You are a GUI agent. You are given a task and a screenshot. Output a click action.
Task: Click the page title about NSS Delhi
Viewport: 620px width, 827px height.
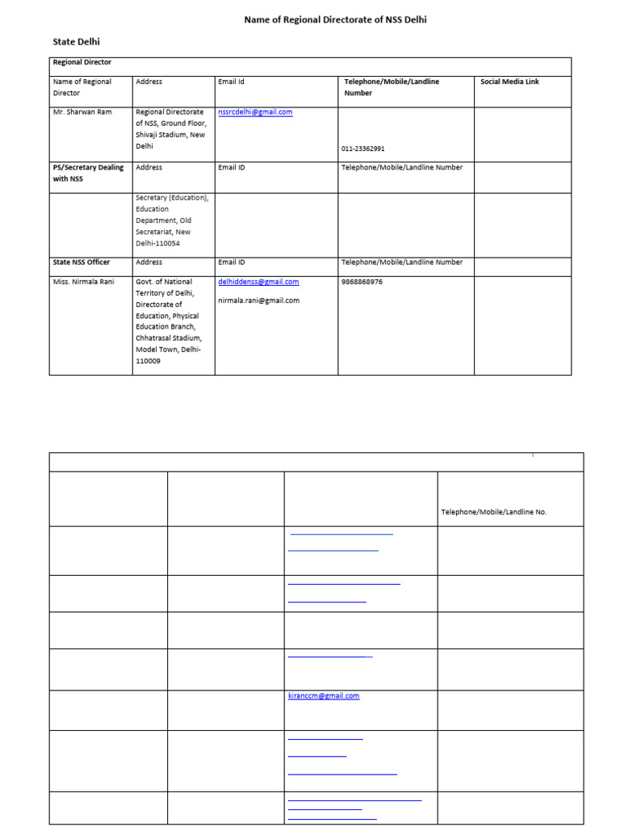pyautogui.click(x=335, y=19)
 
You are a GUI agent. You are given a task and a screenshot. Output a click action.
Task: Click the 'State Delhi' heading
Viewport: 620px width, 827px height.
pyautogui.click(x=77, y=41)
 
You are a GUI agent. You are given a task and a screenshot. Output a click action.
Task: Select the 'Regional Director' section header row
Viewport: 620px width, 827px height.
pyautogui.click(x=82, y=62)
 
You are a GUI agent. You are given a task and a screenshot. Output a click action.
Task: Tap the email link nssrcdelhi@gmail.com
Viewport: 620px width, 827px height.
pyautogui.click(x=255, y=112)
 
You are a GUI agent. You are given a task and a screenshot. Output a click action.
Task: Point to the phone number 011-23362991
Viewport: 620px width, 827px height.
pyautogui.click(x=362, y=149)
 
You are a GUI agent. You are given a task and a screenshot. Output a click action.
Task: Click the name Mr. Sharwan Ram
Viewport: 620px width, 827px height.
pyautogui.click(x=82, y=112)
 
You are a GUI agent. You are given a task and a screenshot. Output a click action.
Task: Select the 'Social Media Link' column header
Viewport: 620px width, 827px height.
pyautogui.click(x=509, y=82)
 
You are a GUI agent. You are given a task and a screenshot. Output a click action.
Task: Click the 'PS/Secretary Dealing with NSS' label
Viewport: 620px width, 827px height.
pyautogui.click(x=88, y=173)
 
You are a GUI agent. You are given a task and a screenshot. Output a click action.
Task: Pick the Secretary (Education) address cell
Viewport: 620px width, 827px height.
pyautogui.click(x=172, y=220)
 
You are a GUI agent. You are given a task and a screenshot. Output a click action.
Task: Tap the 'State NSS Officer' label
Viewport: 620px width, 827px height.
pyautogui.click(x=81, y=262)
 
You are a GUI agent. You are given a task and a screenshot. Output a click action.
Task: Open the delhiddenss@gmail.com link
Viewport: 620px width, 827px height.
pyautogui.click(x=258, y=282)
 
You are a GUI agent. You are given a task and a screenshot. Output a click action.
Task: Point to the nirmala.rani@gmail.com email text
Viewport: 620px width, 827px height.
pyautogui.click(x=258, y=300)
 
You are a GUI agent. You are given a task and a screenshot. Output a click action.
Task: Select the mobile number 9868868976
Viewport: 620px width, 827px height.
pyautogui.click(x=362, y=282)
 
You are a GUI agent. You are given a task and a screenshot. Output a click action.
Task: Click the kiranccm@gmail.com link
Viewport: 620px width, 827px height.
pyautogui.click(x=323, y=695)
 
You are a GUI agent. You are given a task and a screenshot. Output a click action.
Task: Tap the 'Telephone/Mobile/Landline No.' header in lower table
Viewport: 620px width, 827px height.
pyautogui.click(x=493, y=512)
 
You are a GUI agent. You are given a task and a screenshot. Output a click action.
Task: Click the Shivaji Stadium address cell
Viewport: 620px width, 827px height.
pyautogui.click(x=171, y=129)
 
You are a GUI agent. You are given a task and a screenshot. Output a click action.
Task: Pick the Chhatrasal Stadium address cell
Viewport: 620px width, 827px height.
pyautogui.click(x=171, y=321)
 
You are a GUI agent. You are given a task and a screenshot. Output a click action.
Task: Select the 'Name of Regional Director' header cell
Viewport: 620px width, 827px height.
pyautogui.click(x=82, y=87)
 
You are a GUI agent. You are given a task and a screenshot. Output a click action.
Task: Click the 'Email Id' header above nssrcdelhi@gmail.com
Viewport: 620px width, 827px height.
pyautogui.click(x=231, y=82)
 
